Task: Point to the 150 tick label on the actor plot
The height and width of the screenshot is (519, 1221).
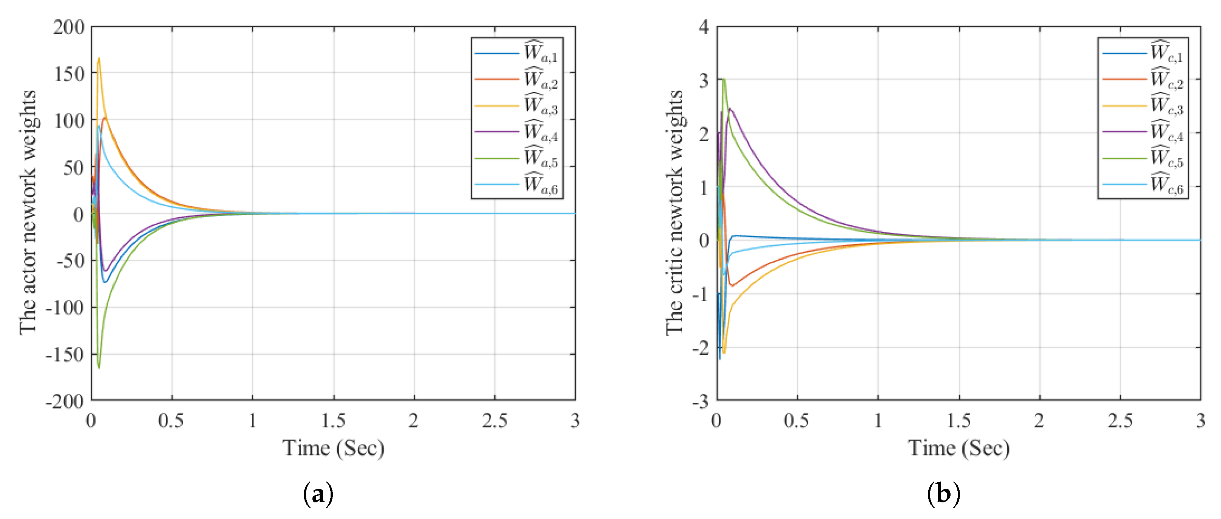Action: tap(69, 74)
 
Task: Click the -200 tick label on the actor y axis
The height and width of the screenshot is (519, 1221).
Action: tap(65, 401)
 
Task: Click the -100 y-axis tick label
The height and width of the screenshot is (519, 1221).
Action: tap(65, 308)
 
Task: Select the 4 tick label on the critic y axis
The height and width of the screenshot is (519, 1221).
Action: tap(704, 27)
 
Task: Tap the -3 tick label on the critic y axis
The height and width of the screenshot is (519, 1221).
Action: tap(701, 401)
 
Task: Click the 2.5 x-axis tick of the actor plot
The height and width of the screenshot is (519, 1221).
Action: tap(494, 420)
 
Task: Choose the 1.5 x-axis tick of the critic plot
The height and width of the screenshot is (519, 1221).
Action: tap(958, 420)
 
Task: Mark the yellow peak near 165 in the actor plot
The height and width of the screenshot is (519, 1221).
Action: tap(99, 59)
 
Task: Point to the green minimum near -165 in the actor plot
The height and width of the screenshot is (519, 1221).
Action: tap(99, 367)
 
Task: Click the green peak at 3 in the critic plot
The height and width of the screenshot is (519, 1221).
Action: tap(724, 79)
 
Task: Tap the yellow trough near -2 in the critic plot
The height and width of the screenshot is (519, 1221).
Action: tap(723, 352)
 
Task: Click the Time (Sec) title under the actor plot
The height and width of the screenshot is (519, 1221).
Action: tap(333, 448)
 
